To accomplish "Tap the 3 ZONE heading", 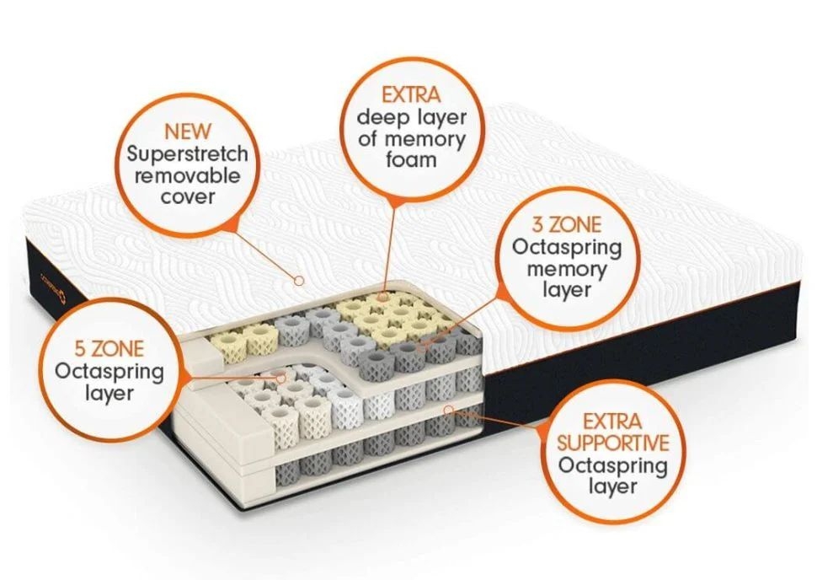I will click(x=566, y=227).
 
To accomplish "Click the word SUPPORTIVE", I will click(x=613, y=443).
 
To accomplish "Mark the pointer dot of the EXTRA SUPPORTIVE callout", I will click(x=449, y=410).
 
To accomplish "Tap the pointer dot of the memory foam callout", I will click(x=385, y=297).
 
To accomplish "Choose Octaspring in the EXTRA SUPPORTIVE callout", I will click(x=613, y=465).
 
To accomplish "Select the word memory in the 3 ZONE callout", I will click(x=566, y=270).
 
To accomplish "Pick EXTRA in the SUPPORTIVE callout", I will click(x=613, y=421).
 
